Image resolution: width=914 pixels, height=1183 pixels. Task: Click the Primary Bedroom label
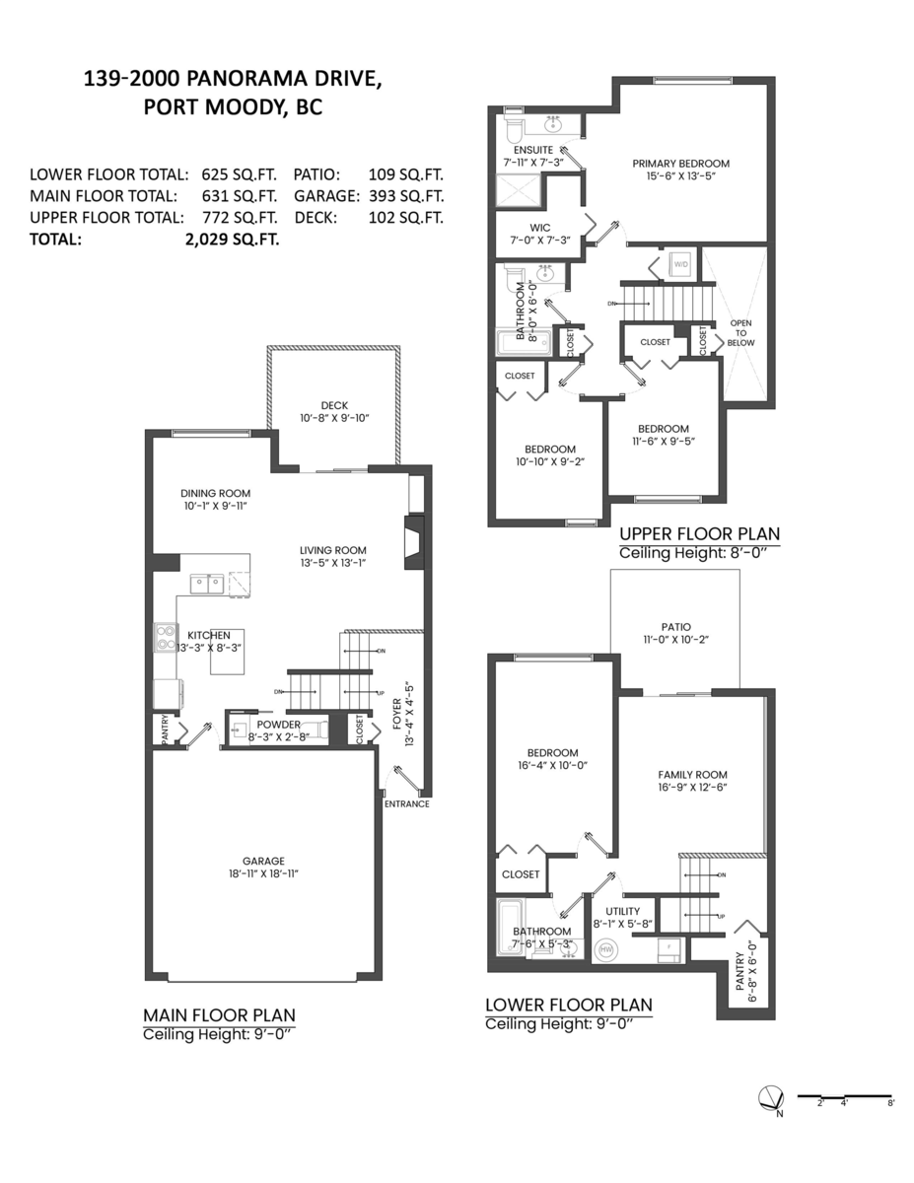pyautogui.click(x=680, y=164)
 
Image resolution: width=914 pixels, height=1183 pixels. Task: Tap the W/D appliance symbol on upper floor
pyautogui.click(x=680, y=264)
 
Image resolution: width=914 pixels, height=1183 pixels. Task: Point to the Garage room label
pyautogui.click(x=264, y=860)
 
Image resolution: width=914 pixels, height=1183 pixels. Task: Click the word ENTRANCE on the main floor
pyautogui.click(x=406, y=803)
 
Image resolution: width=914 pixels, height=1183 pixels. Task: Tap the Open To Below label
pyautogui.click(x=740, y=332)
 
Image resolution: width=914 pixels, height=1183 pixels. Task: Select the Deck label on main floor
pyautogui.click(x=334, y=405)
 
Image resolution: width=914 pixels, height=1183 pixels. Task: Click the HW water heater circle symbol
pyautogui.click(x=605, y=949)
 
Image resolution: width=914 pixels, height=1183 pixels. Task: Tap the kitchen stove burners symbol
pyautogui.click(x=164, y=639)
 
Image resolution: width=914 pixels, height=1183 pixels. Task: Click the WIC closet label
pyautogui.click(x=525, y=227)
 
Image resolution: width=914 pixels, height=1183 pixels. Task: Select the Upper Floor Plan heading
pyautogui.click(x=699, y=533)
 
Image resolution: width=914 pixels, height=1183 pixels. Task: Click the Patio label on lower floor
pyautogui.click(x=675, y=627)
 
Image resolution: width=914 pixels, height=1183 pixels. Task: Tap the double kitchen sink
pyautogui.click(x=208, y=584)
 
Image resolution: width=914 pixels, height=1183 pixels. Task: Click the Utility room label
pyautogui.click(x=623, y=911)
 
